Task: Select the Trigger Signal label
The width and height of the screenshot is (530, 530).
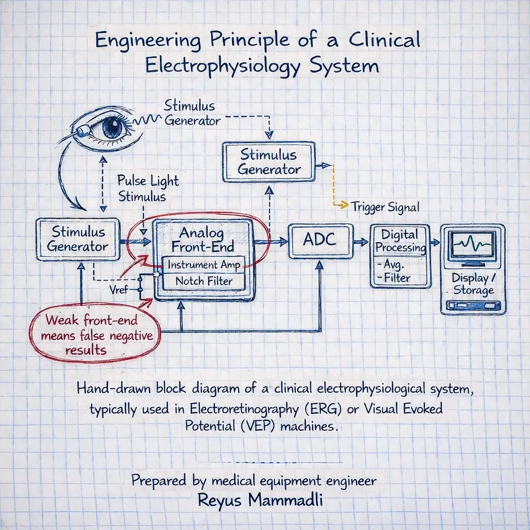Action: click(385, 207)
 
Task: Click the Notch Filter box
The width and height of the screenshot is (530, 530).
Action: click(203, 281)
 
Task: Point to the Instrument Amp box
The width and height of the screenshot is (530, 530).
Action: click(204, 265)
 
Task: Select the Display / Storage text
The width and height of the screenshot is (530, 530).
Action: click(473, 284)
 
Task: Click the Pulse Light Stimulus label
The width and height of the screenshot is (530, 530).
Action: click(147, 189)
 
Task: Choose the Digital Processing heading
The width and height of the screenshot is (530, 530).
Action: click(400, 241)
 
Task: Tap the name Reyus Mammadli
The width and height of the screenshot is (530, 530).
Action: click(253, 501)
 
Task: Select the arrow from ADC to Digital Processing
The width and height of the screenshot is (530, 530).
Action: click(361, 241)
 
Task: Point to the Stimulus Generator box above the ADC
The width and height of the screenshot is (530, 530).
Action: click(269, 161)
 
